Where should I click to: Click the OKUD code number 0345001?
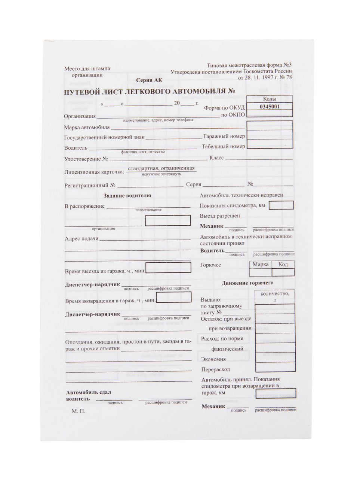click(270, 106)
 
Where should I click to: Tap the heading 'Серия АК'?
click(149, 80)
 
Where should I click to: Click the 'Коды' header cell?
click(270, 99)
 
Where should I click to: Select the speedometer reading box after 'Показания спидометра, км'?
click(281, 205)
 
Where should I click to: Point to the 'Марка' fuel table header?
click(261, 265)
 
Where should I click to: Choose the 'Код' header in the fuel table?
click(283, 265)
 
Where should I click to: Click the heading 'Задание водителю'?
click(127, 195)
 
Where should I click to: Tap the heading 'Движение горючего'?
click(247, 283)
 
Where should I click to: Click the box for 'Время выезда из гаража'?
click(168, 268)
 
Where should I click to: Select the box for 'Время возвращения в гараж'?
click(173, 298)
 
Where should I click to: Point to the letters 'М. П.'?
click(79, 411)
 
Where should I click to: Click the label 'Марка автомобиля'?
click(87, 127)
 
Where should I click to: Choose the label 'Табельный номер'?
click(224, 147)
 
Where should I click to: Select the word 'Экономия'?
click(213, 359)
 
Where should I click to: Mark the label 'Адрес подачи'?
click(81, 239)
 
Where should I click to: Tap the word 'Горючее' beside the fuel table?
click(210, 265)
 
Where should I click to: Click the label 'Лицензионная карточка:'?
click(94, 172)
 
